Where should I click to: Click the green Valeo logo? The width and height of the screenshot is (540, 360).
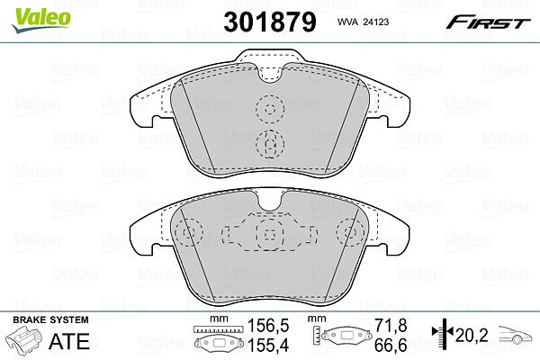(x=40, y=20)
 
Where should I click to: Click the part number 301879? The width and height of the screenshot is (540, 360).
(x=270, y=22)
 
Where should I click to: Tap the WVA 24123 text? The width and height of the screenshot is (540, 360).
(x=363, y=22)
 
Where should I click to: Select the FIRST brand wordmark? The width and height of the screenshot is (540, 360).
(x=488, y=22)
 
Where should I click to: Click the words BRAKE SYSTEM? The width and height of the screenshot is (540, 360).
(x=50, y=320)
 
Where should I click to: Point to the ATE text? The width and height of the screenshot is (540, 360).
(x=69, y=341)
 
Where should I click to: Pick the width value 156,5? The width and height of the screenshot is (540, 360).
(x=268, y=326)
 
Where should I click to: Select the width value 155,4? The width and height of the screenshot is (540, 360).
(x=268, y=346)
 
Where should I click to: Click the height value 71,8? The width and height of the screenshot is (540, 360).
(x=391, y=326)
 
